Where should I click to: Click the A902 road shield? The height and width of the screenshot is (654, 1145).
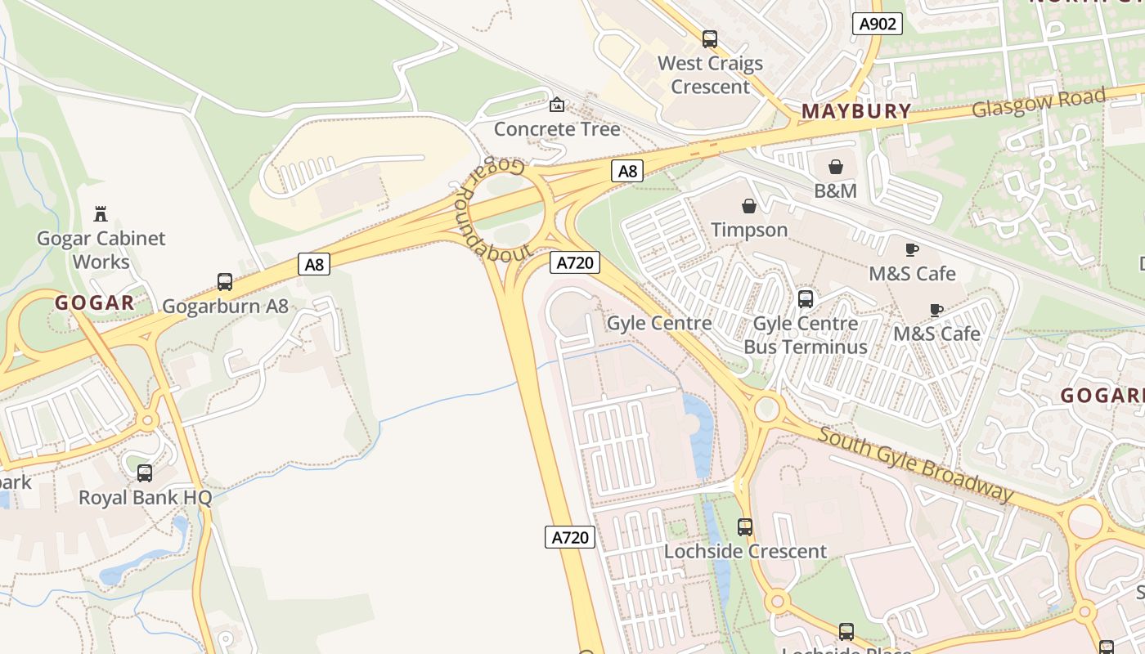878,24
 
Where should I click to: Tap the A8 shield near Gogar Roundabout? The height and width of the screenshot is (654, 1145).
627,171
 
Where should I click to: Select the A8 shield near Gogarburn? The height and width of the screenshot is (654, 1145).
314,264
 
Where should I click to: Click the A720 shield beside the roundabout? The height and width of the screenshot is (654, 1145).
576,262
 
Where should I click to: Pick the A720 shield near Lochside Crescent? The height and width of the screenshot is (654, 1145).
570,537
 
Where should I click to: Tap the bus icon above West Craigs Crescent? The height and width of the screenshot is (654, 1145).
710,38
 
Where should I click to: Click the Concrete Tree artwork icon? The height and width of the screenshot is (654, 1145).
557,105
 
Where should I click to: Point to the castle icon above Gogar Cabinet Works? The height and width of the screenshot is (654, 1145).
101,214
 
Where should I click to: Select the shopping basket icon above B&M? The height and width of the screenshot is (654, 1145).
836,167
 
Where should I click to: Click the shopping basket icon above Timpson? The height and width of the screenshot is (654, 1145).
749,206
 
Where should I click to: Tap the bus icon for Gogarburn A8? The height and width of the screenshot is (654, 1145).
225,282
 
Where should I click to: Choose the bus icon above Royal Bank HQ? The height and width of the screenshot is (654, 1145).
145,473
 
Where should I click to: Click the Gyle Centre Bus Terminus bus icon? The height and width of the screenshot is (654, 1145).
806,299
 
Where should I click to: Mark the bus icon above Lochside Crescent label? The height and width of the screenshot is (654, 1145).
745,527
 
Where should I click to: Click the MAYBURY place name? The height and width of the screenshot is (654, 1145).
856,111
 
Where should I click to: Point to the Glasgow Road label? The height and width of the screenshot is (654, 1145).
1039,102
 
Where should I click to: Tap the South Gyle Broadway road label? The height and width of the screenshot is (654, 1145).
916,464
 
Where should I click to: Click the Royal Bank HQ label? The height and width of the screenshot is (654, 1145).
145,497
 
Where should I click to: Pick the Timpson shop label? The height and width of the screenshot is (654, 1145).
749,230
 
